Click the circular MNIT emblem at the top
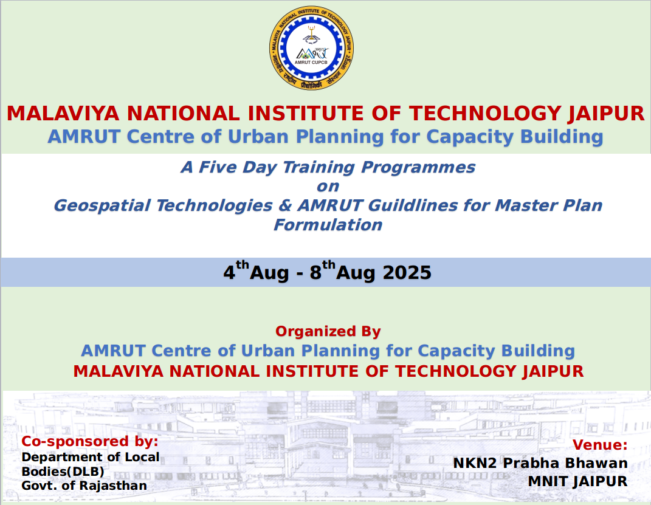pyautogui.click(x=311, y=48)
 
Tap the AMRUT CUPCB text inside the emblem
pyautogui.click(x=311, y=62)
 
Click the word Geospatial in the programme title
pyautogui.click(x=102, y=206)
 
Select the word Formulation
pyautogui.click(x=328, y=225)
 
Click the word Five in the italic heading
pyautogui.click(x=217, y=167)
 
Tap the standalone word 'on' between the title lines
pyautogui.click(x=328, y=187)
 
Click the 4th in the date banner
pyautogui.click(x=236, y=270)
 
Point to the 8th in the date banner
pyautogui.click(x=322, y=270)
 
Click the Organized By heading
pyautogui.click(x=328, y=332)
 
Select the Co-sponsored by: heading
pyautogui.click(x=90, y=441)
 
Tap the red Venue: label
pyautogui.click(x=600, y=445)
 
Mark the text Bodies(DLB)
pyautogui.click(x=63, y=472)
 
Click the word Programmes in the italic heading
pyautogui.click(x=418, y=168)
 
